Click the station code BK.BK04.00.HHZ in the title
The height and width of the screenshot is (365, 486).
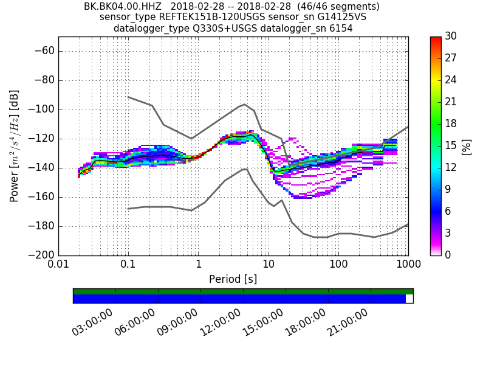[122, 7]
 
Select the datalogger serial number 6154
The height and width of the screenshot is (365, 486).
[340, 29]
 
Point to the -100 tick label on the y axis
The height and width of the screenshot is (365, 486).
[39, 109]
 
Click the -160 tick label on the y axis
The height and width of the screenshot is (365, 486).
[39, 197]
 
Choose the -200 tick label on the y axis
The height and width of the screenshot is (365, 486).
[39, 255]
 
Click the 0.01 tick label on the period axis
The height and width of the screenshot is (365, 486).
[58, 266]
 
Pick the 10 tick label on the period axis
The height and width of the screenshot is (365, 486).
[269, 266]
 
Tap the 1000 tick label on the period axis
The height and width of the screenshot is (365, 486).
[408, 266]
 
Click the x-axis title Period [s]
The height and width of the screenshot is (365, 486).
[233, 279]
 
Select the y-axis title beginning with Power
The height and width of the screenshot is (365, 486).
[14, 146]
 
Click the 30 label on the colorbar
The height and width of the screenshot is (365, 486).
[451, 36]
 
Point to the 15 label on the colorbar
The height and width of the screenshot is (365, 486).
[451, 146]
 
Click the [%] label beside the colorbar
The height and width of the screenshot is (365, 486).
[467, 146]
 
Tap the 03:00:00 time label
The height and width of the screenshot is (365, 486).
[92, 322]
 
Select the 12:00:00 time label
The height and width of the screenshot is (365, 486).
[220, 322]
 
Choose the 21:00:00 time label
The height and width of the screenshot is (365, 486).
[347, 322]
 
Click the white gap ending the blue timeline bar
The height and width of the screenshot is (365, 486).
[409, 299]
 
